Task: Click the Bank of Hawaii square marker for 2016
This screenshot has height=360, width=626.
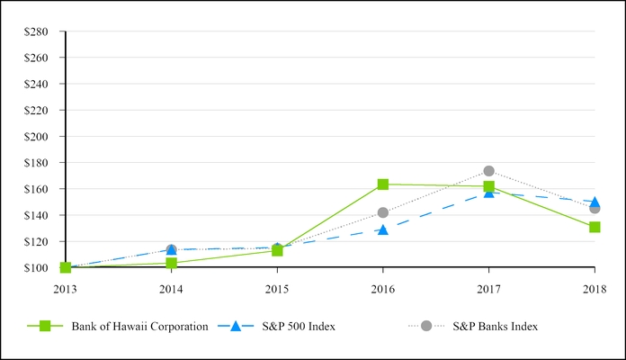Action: click(x=383, y=184)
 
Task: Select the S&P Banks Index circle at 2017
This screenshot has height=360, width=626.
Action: click(x=488, y=171)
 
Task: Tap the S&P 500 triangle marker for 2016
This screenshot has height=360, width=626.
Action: click(x=383, y=229)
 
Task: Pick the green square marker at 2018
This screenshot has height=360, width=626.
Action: click(x=595, y=227)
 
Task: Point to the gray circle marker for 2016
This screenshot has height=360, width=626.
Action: click(x=383, y=212)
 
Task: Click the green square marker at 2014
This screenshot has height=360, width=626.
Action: click(x=171, y=263)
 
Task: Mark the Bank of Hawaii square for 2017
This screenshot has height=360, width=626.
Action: click(x=488, y=186)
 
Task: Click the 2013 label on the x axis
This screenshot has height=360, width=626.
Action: click(x=66, y=289)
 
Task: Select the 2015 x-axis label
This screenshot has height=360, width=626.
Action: click(x=277, y=289)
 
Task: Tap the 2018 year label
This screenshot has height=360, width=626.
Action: click(x=595, y=289)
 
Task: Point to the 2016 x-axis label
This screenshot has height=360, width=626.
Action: click(x=383, y=289)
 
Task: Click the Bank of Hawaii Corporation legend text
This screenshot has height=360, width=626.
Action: click(x=140, y=327)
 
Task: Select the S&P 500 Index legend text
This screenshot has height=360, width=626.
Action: click(x=300, y=327)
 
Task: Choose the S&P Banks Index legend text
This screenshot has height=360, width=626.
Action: click(x=495, y=327)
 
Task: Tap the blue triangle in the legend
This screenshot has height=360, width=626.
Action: click(x=236, y=326)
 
